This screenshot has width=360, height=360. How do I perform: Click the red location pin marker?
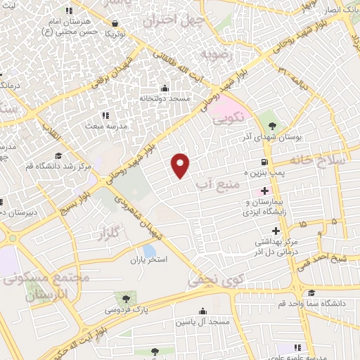[181, 165]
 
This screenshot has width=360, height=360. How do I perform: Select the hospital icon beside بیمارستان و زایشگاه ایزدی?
[265, 191]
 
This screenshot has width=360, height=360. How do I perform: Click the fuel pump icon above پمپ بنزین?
[264, 160]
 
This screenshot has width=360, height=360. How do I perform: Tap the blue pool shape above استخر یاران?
[149, 250]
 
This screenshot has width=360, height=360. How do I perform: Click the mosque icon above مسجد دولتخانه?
[165, 89]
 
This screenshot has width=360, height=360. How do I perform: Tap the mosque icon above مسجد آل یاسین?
[204, 311]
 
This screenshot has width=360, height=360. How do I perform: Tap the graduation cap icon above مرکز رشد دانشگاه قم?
[58, 155]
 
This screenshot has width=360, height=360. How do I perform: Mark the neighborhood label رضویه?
[214, 54]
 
